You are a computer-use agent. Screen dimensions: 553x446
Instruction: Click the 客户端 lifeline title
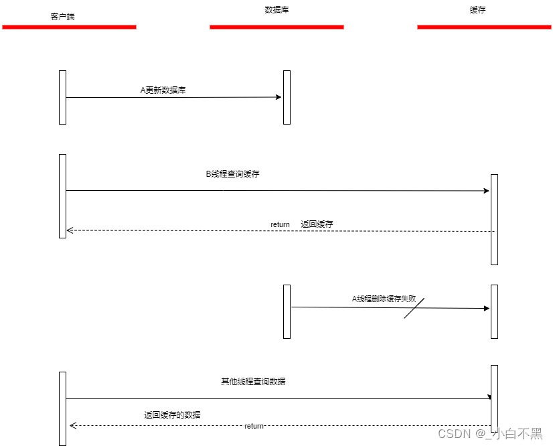click(62, 16)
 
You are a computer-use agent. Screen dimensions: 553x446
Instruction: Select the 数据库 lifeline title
click(276, 10)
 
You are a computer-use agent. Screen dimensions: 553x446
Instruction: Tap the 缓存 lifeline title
click(477, 10)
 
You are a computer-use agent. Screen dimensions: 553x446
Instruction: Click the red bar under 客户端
click(69, 27)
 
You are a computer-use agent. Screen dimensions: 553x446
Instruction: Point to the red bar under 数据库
click(276, 27)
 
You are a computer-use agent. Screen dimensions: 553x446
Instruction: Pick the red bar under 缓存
click(484, 27)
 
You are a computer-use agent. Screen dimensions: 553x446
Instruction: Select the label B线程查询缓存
click(232, 173)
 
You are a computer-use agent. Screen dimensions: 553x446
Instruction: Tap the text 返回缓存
click(317, 224)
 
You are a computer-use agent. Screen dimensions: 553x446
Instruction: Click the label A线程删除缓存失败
click(388, 299)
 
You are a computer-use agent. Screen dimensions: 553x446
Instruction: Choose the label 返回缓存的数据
click(172, 415)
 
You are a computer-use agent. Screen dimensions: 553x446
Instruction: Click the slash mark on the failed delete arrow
click(414, 308)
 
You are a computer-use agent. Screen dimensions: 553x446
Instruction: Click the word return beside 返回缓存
click(280, 224)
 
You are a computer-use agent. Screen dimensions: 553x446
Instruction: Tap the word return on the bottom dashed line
click(254, 427)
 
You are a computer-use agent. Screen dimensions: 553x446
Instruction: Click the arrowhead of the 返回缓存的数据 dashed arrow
click(72, 425)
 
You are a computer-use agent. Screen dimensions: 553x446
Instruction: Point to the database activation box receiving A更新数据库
click(287, 97)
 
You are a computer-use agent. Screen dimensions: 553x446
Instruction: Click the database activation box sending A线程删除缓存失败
click(287, 311)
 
